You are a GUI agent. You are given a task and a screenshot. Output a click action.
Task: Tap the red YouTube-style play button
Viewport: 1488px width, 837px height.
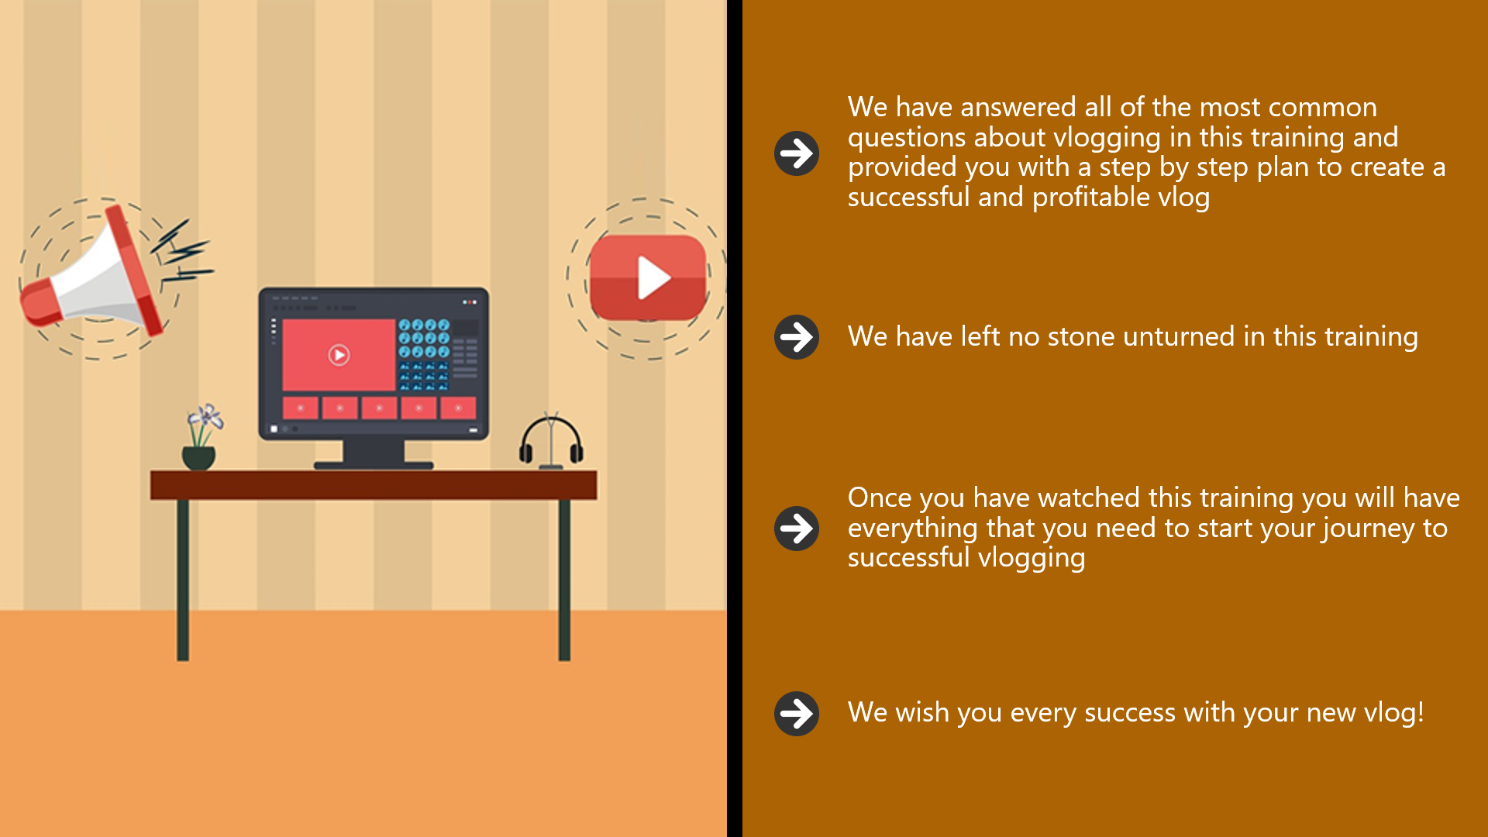[648, 277]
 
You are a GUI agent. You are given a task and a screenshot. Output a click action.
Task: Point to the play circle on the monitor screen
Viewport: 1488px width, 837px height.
[339, 355]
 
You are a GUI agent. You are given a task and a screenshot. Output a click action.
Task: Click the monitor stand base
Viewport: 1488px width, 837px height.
[374, 465]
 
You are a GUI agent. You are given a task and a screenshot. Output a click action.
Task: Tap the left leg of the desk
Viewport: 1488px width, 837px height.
[183, 580]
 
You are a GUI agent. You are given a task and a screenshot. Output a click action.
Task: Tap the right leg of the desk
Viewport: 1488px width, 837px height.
[564, 580]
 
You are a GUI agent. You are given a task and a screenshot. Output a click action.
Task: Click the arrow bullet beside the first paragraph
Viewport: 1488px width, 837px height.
[797, 153]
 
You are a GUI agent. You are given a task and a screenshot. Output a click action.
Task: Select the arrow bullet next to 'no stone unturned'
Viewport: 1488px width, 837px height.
[797, 337]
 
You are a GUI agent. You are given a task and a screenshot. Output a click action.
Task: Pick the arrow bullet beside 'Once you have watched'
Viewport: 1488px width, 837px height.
[797, 529]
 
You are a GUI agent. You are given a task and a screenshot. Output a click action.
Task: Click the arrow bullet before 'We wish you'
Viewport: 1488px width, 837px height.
[797, 713]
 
